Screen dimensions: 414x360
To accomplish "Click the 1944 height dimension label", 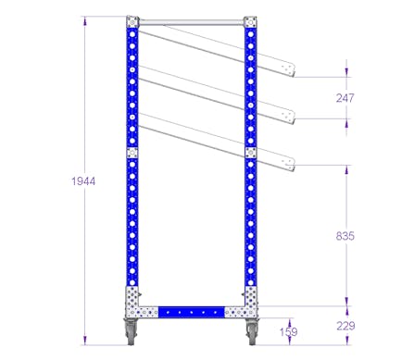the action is tap(83, 181).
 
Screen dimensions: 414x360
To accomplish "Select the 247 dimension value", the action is tap(345, 98).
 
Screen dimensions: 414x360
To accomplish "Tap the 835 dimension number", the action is tap(345, 236).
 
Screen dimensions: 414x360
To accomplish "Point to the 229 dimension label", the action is tap(345, 326).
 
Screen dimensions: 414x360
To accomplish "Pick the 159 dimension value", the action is tap(289, 332).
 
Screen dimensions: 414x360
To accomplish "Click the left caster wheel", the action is tap(130, 332).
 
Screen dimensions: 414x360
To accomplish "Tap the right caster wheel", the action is tap(251, 332).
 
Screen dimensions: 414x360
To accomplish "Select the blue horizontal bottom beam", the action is tap(192, 312).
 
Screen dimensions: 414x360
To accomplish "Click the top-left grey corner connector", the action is tap(132, 22).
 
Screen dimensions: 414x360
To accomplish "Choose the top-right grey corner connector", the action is tap(250, 22).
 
